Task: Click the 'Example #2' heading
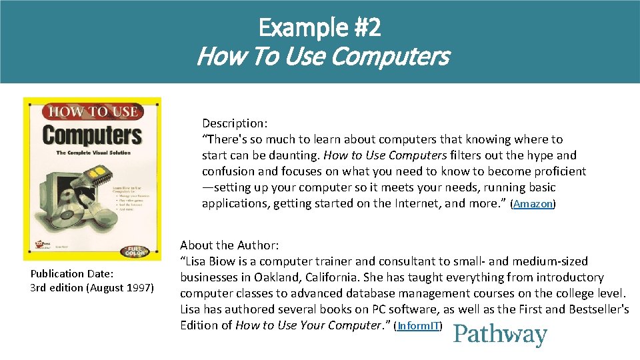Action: point(320,28)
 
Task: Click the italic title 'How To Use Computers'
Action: point(323,57)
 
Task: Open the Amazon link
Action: point(533,204)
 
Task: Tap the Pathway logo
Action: point(500,335)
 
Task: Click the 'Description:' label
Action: point(235,123)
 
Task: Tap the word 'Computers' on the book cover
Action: point(92,135)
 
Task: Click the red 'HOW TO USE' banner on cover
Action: point(92,112)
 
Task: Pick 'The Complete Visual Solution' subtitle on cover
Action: point(93,153)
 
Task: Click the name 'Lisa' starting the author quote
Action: point(198,261)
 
